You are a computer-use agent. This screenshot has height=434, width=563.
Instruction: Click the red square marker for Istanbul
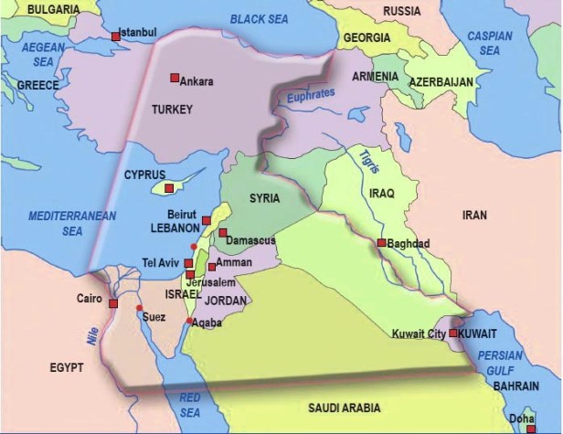coord(115,36)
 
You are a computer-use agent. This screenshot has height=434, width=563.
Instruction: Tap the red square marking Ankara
coord(174,78)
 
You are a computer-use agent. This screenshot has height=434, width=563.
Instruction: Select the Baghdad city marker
coord(380,243)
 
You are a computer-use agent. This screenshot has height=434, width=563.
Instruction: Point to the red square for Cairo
coord(113,303)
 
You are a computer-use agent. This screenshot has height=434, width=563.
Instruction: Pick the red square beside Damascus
coord(222,233)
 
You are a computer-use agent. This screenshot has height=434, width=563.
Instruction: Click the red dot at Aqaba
coord(189,322)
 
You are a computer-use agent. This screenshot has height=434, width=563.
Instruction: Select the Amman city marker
coord(212,267)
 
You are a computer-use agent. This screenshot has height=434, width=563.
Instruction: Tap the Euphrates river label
coord(311,95)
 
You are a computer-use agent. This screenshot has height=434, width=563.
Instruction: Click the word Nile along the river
coord(92,334)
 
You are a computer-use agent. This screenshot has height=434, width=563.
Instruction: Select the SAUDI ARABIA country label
coord(343,408)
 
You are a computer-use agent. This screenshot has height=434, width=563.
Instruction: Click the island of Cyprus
coord(167,187)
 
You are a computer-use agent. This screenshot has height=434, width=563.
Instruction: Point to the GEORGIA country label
coord(366,38)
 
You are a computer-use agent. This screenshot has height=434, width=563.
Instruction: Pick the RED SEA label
coord(189,404)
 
